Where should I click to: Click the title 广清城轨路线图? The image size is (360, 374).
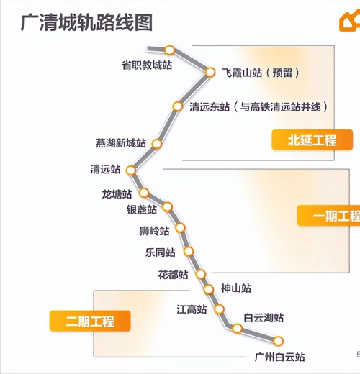[86, 23]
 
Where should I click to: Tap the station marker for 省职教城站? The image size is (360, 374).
[170, 50]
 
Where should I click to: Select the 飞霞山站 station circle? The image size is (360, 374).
[210, 72]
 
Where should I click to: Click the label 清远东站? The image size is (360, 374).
[210, 107]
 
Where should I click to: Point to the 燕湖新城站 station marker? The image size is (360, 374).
[157, 144]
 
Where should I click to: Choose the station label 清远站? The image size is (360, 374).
[105, 169]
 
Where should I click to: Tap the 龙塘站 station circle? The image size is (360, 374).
[144, 193]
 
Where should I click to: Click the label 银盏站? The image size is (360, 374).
[142, 209]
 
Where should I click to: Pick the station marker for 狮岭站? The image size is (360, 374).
[180, 228]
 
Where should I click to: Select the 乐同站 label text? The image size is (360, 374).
[161, 252]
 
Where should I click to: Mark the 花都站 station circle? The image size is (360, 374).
[201, 274]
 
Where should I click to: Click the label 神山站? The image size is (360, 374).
[236, 288]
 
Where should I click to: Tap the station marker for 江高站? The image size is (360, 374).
[220, 309]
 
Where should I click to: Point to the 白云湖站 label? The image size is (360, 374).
[264, 318]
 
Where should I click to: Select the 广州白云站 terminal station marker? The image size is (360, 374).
[279, 341]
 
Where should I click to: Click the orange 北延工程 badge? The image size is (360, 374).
[312, 140]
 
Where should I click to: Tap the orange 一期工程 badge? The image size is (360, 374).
[328, 216]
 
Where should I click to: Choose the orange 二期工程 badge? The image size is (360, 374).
[90, 321]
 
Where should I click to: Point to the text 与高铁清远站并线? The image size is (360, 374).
[280, 107]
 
